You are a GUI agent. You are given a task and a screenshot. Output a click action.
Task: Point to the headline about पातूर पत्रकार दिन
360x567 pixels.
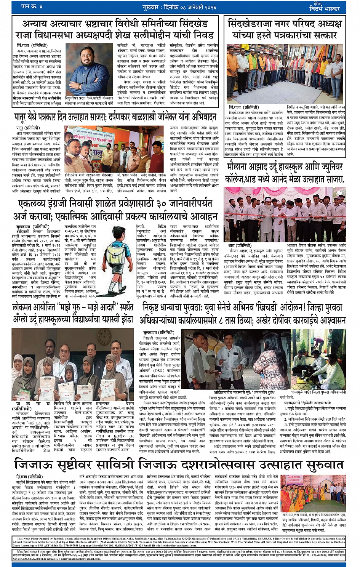pos(115,116)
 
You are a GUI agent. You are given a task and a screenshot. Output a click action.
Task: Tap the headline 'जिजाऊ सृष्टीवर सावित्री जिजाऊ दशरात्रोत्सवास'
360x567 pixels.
pos(179,464)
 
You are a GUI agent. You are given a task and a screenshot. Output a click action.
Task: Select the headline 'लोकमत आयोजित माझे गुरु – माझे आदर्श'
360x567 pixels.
pos(73,313)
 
